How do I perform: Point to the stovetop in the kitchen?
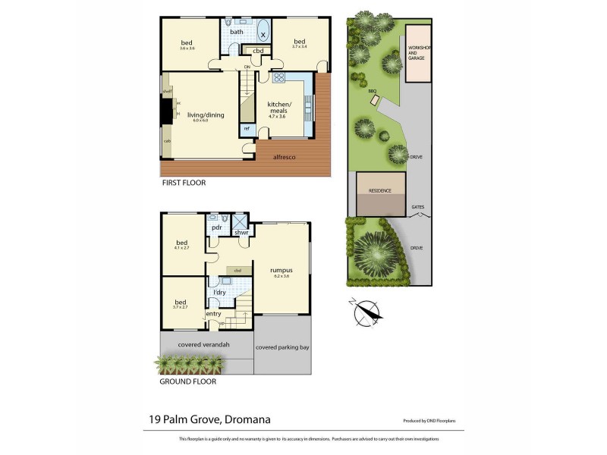pyautogui.click(x=278, y=77)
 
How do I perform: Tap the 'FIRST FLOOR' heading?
pyautogui.click(x=184, y=183)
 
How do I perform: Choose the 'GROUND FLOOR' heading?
pyautogui.click(x=187, y=381)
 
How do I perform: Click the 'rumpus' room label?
pyautogui.click(x=281, y=270)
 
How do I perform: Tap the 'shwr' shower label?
pyautogui.click(x=241, y=232)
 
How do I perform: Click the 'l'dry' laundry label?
pyautogui.click(x=219, y=292)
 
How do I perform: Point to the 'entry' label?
pyautogui.click(x=213, y=313)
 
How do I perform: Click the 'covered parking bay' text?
pyautogui.click(x=282, y=347)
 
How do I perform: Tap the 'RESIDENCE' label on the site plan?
pyautogui.click(x=380, y=191)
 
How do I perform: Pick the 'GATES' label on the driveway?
pyautogui.click(x=417, y=206)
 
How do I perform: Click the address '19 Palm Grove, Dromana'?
pyautogui.click(x=209, y=419)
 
